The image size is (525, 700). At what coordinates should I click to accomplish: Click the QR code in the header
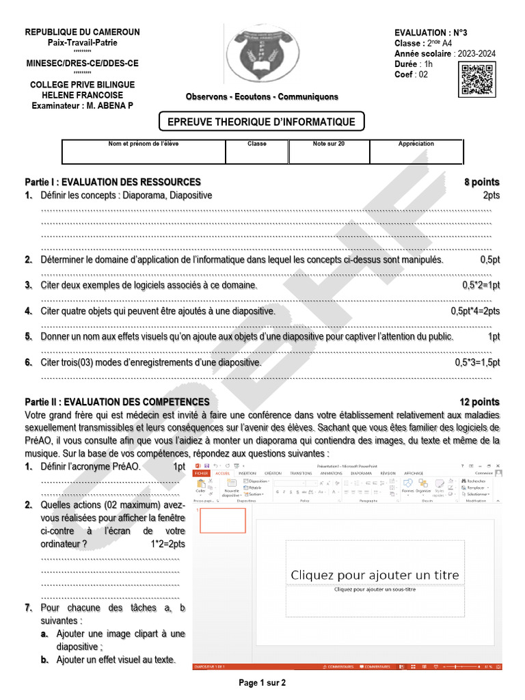pyautogui.click(x=476, y=79)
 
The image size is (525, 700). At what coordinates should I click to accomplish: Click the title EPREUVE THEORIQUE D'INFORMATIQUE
pyautogui.click(x=262, y=122)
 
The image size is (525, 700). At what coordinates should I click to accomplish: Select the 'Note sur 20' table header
pyautogui.click(x=329, y=144)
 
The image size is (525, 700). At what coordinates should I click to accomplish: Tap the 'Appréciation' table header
pyautogui.click(x=416, y=144)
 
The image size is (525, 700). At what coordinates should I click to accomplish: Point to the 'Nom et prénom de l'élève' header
pyautogui.click(x=144, y=144)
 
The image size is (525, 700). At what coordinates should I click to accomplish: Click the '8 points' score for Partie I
pyautogui.click(x=482, y=182)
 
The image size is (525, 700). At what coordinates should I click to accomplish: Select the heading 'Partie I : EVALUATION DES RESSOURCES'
pyautogui.click(x=113, y=182)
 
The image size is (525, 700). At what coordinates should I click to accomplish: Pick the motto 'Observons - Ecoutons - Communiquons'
pyautogui.click(x=262, y=97)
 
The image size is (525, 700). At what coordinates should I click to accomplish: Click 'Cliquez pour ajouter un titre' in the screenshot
pyautogui.click(x=375, y=575)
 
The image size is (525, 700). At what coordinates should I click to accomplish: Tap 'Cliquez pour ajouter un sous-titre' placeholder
pyautogui.click(x=375, y=589)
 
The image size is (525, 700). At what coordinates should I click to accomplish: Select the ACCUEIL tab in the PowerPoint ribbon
pyautogui.click(x=223, y=473)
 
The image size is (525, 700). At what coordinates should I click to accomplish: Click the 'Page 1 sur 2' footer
pyautogui.click(x=262, y=682)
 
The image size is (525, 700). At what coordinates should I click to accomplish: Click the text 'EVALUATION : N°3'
pyautogui.click(x=431, y=33)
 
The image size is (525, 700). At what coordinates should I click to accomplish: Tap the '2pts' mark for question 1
pyautogui.click(x=491, y=196)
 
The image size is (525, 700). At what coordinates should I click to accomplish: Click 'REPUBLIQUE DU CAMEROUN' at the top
pyautogui.click(x=82, y=32)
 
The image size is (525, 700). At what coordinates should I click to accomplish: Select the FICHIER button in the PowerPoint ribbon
pyautogui.click(x=202, y=473)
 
